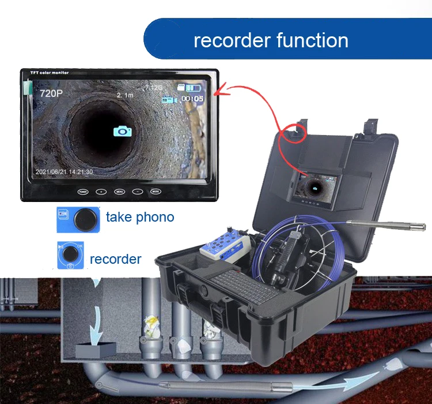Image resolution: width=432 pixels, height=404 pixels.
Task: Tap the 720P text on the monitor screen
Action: coord(50,93)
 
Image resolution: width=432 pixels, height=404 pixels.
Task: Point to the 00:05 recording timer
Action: coord(192,99)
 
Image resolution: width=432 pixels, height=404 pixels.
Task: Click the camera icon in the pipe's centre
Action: coord(122,131)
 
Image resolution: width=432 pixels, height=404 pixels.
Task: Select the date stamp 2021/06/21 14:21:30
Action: coord(64,171)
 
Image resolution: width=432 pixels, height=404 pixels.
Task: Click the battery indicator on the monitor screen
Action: coord(191,88)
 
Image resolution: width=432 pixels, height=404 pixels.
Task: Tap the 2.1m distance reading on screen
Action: coord(124,95)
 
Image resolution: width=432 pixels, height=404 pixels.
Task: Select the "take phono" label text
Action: coord(140,218)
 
